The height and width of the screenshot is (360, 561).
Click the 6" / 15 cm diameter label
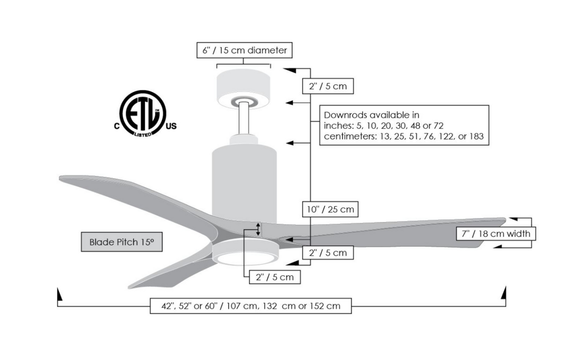tap(244, 50)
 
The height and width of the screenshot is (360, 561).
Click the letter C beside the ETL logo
tap(117, 126)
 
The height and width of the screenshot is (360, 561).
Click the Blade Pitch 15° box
tap(121, 242)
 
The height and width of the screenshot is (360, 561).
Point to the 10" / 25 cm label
tap(330, 210)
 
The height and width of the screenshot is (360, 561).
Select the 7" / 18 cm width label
tap(495, 233)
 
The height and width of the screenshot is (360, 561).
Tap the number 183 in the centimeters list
tap(475, 137)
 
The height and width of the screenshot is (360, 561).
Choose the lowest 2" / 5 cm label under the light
tap(274, 277)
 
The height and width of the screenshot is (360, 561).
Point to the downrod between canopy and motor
tap(244, 120)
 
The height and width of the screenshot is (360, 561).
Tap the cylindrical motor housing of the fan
tap(244, 180)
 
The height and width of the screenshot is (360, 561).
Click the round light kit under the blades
tap(245, 253)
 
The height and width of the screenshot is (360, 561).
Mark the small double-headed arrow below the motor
tap(258, 229)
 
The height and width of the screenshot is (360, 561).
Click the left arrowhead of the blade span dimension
tap(59, 295)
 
